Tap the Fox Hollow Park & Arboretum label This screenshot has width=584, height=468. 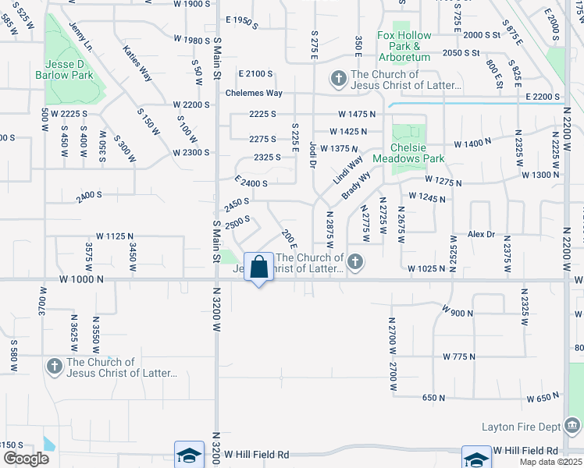(404, 47)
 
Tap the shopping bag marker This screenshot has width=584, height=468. (258, 267)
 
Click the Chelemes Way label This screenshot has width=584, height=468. (253, 93)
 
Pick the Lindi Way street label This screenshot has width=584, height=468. (348, 170)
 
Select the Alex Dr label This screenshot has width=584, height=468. (481, 234)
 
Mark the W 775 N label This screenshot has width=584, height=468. (459, 356)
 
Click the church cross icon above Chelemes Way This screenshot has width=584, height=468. (338, 79)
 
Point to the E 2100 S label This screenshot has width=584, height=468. (255, 73)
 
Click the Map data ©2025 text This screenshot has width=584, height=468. (554, 462)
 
